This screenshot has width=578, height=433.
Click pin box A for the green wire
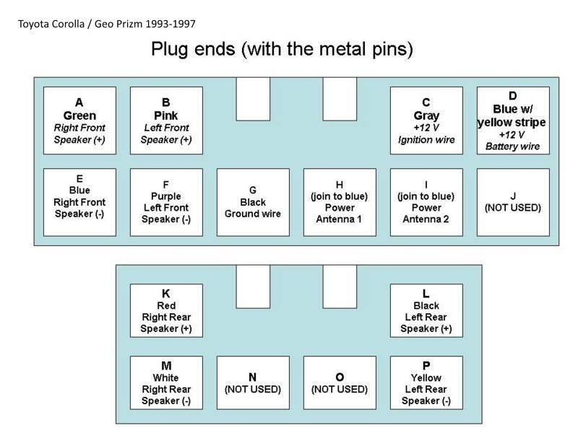(x=79, y=121)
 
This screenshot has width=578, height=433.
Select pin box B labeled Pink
(x=166, y=121)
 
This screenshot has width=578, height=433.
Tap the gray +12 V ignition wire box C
(x=426, y=121)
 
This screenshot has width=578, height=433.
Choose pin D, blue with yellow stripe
(x=513, y=121)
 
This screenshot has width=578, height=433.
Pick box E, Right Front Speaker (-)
(x=79, y=202)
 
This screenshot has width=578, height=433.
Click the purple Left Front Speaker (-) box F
(x=166, y=202)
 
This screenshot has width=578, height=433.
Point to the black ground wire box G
(x=253, y=202)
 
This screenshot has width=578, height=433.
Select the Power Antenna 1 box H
(x=340, y=202)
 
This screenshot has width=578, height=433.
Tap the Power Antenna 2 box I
(x=426, y=202)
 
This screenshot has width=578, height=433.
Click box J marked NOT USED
(x=513, y=202)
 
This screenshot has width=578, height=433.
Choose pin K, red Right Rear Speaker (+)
(x=166, y=310)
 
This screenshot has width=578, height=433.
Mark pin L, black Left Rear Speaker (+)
(x=426, y=310)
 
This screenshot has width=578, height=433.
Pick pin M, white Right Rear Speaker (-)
(x=166, y=382)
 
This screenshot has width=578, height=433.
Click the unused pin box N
(x=253, y=382)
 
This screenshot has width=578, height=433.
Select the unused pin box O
(x=340, y=382)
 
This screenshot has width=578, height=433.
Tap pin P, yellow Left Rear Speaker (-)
(x=426, y=382)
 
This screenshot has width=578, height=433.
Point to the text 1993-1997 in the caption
(x=170, y=25)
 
